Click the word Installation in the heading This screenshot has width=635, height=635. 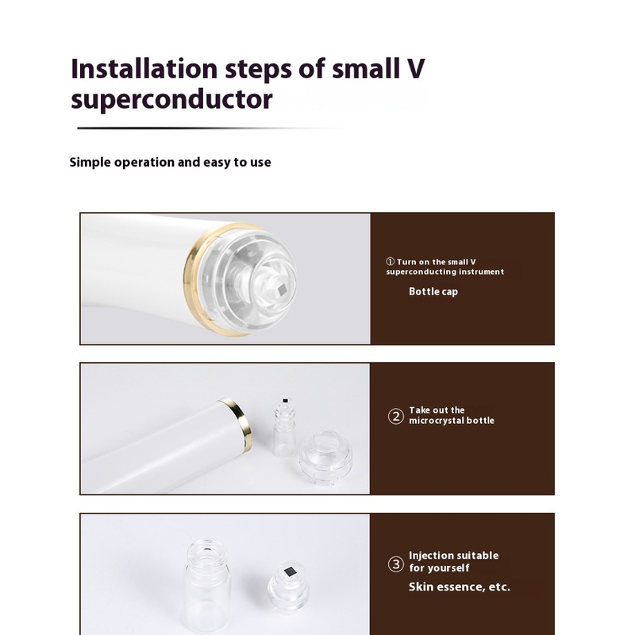(144, 68)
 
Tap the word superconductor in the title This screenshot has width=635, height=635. (171, 100)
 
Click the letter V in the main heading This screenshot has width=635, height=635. (413, 68)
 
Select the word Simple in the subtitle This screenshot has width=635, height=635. (90, 163)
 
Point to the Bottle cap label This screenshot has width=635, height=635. (433, 291)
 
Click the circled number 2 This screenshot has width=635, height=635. (395, 416)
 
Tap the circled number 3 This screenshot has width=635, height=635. (395, 564)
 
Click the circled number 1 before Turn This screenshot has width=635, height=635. (390, 262)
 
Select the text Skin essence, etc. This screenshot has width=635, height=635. (460, 587)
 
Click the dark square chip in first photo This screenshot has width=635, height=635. (283, 289)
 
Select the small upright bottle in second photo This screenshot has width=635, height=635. (284, 427)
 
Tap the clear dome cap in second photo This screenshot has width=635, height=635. (326, 458)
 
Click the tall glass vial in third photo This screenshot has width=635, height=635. (207, 587)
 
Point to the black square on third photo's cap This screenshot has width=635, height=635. (290, 571)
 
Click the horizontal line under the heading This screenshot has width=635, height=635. (210, 128)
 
